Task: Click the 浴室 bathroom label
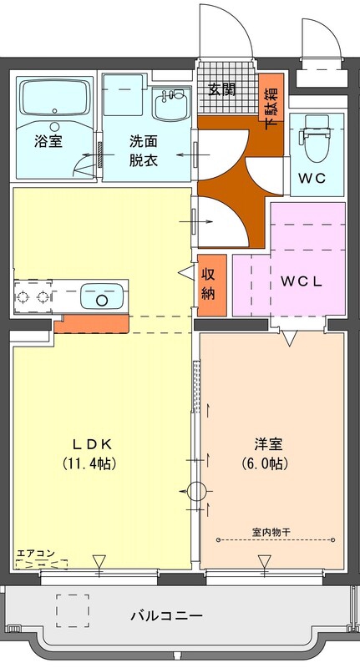tap(48, 141)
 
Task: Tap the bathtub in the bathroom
tap(54, 101)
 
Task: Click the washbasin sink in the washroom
tap(173, 106)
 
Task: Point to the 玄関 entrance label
tap(222, 89)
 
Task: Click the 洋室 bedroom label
tap(271, 443)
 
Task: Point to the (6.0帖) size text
tap(271, 463)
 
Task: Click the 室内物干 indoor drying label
tap(271, 531)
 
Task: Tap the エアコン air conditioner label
tap(36, 553)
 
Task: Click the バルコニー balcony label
tap(166, 616)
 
